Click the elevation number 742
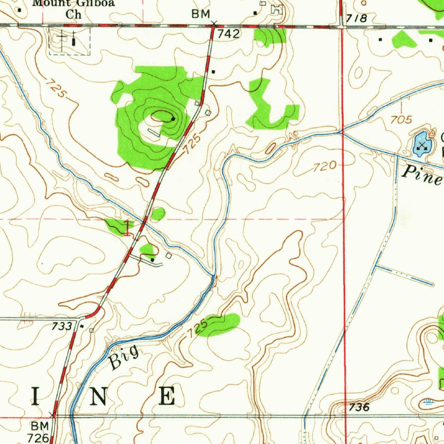click(x=229, y=35)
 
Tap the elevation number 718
click(x=357, y=19)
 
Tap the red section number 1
click(x=127, y=228)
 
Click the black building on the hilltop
click(x=173, y=118)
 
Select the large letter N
click(x=100, y=396)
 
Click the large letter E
click(x=167, y=396)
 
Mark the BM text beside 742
click(x=201, y=15)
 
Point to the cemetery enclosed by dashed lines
click(x=69, y=41)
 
